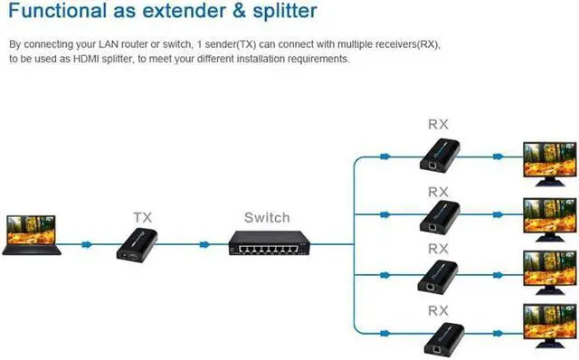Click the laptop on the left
[x=32, y=233]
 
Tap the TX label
[x=143, y=218]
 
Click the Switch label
[x=267, y=218]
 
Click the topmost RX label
[x=438, y=123]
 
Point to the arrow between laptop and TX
[x=86, y=244]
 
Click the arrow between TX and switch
[x=205, y=244]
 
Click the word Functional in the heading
[x=56, y=12]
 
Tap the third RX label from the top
[x=438, y=248]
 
